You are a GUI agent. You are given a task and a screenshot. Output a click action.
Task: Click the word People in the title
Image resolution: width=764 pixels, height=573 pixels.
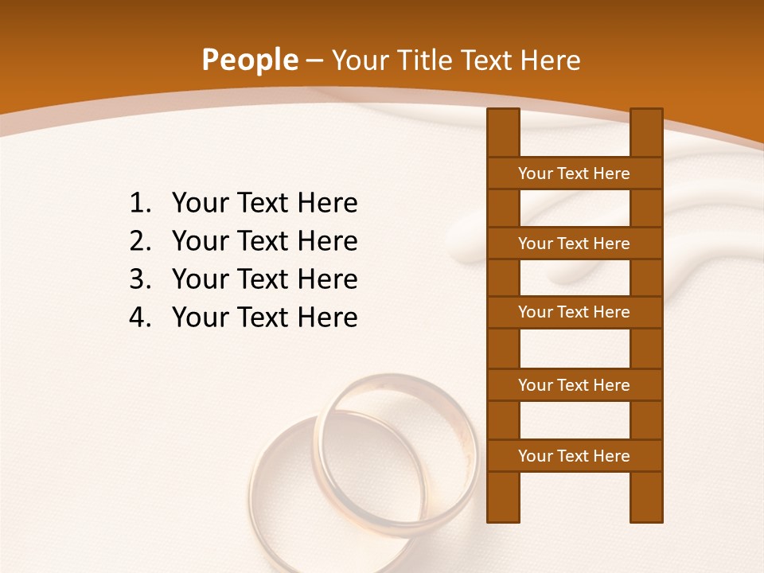coord(249,60)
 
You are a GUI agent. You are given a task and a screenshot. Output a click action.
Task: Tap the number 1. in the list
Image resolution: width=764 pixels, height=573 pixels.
coord(140,204)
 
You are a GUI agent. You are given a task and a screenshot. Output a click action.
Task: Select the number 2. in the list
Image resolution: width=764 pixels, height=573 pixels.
coord(140,241)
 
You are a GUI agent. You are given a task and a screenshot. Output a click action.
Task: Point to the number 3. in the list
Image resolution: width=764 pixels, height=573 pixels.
coord(140,279)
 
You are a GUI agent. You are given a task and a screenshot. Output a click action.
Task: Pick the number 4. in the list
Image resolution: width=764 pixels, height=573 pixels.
coord(140,318)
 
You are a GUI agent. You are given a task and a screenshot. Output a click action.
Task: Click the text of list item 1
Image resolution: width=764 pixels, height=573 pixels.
coord(264,204)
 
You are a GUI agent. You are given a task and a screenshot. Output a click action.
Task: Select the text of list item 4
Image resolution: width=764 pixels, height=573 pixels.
coord(264,318)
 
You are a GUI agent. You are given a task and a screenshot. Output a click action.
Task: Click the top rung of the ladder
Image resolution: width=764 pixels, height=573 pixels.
coord(574,173)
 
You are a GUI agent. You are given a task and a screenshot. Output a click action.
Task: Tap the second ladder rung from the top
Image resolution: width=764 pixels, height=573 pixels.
coord(574,243)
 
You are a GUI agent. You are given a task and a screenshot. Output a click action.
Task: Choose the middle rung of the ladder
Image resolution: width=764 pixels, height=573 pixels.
coord(574,312)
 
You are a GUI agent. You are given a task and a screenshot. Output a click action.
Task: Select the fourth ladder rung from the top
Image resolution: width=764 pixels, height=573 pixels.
coord(574,384)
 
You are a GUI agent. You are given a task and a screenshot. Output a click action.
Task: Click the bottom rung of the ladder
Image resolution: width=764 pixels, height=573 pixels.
coord(574,455)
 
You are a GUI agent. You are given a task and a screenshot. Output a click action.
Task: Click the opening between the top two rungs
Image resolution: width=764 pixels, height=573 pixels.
coord(575,208)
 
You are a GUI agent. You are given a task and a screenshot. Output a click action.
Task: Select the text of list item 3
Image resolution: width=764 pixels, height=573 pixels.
coord(264,279)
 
